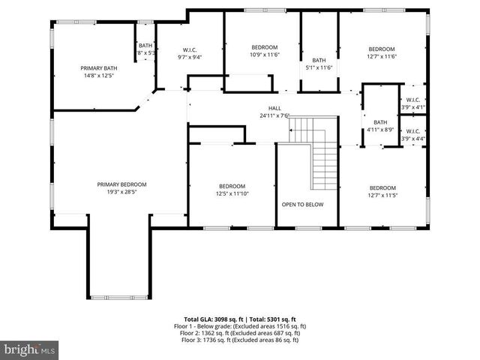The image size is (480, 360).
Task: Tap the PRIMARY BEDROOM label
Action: [x=121, y=184]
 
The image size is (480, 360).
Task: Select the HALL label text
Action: [x=274, y=108]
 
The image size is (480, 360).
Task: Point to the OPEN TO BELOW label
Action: [x=302, y=204]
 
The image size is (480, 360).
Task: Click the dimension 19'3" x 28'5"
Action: [x=121, y=192]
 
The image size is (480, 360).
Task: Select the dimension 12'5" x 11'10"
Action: [x=232, y=193]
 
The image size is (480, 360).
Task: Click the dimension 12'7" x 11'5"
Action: [x=382, y=195]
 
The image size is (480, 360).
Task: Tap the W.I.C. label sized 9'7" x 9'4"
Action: [x=189, y=57]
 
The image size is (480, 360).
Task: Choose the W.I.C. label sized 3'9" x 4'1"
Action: [x=413, y=107]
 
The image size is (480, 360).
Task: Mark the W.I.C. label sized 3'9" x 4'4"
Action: [x=413, y=139]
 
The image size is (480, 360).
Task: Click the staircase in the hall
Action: [x=319, y=154]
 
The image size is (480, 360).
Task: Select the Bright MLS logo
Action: [x=29, y=349]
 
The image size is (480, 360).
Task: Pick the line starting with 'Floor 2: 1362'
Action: [x=240, y=333]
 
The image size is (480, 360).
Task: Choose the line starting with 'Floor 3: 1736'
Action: [x=240, y=340]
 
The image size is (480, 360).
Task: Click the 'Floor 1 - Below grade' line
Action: [x=240, y=326]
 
